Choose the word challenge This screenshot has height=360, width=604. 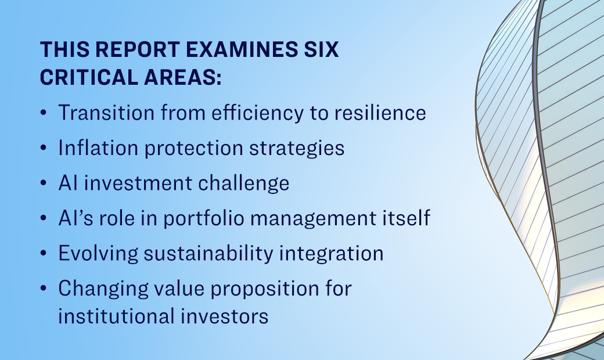(x=240, y=183)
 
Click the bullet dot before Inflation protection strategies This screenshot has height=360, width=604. (x=44, y=149)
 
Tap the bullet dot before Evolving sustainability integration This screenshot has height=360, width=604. (x=44, y=254)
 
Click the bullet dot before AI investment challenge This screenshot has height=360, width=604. (x=44, y=184)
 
